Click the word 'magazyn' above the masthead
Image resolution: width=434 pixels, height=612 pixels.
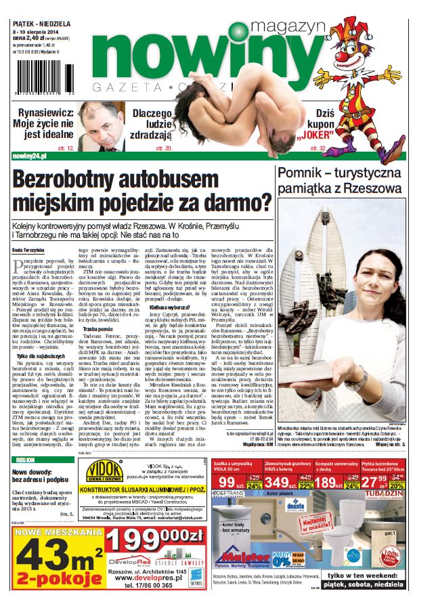(x=288, y=26)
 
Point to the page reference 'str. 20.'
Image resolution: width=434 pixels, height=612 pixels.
(x=165, y=147)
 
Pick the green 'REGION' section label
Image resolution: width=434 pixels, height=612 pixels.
(x=26, y=460)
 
